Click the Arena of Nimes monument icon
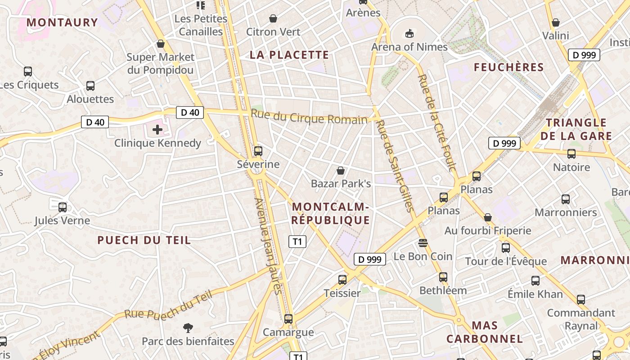409,33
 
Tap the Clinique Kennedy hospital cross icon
157,130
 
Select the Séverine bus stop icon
258,151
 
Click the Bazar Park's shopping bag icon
341,171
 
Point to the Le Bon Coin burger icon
423,243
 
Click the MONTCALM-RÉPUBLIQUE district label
331,214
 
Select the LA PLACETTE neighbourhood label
289,55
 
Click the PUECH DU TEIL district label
144,240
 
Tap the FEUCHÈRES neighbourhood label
509,67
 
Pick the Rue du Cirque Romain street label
309,117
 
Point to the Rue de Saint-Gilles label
395,166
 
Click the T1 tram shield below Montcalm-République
297,242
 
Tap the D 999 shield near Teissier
370,259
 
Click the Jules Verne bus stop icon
63,207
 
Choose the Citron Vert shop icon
273,18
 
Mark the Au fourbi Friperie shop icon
488,217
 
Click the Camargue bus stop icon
288,319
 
